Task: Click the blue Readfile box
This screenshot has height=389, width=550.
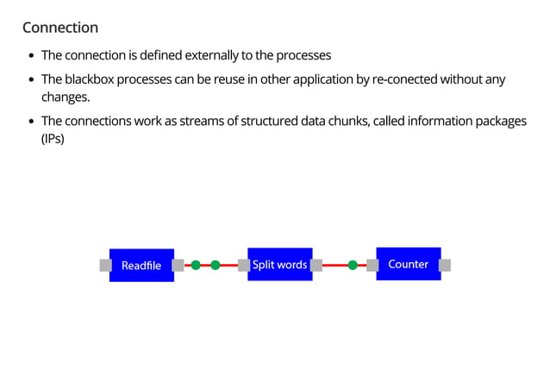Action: (x=141, y=265)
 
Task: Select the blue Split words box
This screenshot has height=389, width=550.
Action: (x=279, y=264)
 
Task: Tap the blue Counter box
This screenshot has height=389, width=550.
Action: (x=408, y=264)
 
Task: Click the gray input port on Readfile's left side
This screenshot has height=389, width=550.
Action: (x=105, y=265)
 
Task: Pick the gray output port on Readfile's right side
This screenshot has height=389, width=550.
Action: (x=178, y=265)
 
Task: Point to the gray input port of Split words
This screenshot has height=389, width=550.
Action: (x=243, y=265)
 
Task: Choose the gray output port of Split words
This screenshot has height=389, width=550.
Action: (x=316, y=265)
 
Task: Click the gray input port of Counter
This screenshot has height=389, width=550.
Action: (x=372, y=265)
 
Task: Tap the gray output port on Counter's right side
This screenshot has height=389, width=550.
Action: (x=445, y=265)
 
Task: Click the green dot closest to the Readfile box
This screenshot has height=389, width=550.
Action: (x=196, y=265)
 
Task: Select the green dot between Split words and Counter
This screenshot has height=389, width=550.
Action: (x=353, y=265)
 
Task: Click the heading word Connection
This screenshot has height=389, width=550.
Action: (x=60, y=28)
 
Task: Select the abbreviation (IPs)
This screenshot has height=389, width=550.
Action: (x=53, y=137)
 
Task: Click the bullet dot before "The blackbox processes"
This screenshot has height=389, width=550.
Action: (x=32, y=80)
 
